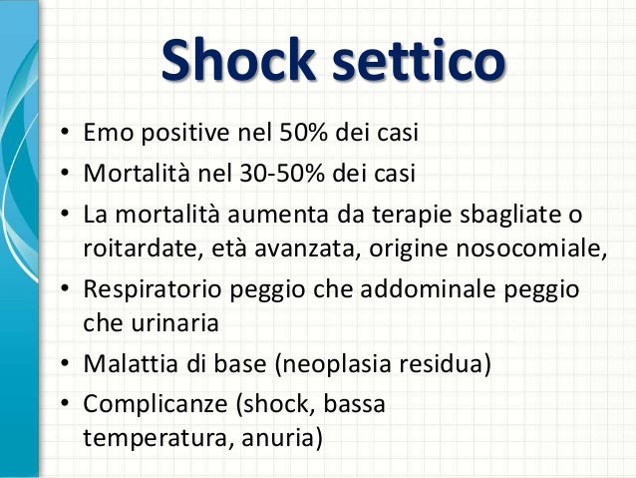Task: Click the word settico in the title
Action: (x=419, y=61)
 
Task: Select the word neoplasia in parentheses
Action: (x=338, y=363)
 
